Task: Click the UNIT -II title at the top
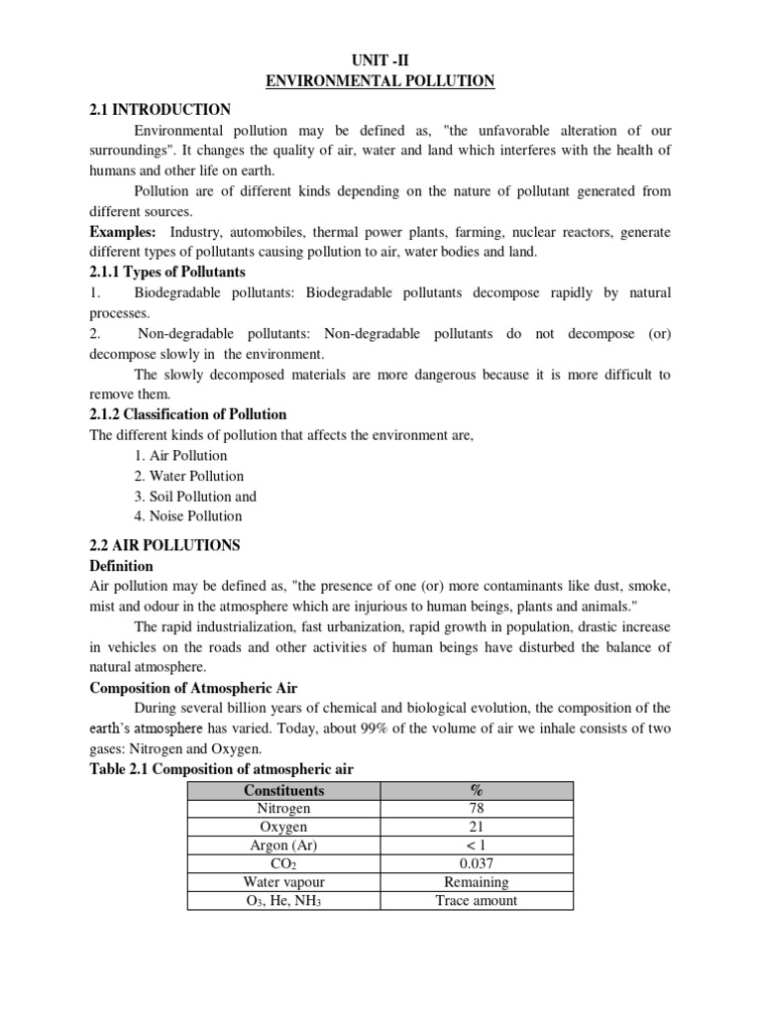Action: pos(380,60)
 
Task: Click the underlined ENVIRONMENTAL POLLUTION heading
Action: pos(380,81)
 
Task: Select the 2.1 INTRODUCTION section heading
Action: pos(160,110)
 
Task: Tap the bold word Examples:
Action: pos(126,232)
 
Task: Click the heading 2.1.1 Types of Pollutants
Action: pos(167,272)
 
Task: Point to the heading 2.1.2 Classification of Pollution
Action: pos(188,414)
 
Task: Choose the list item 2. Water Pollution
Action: pos(189,476)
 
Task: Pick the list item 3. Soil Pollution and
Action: pos(195,497)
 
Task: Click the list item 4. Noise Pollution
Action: pos(188,516)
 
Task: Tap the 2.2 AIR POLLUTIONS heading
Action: pos(164,546)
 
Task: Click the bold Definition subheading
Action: pos(122,566)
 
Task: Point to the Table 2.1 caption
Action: pos(221,770)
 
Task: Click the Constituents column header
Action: pos(284,790)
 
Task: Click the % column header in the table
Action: pos(478,790)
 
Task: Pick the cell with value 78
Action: pos(478,809)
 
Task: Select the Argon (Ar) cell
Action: pos(284,846)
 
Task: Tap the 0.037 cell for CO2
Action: pos(478,864)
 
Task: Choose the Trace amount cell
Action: pos(478,901)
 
